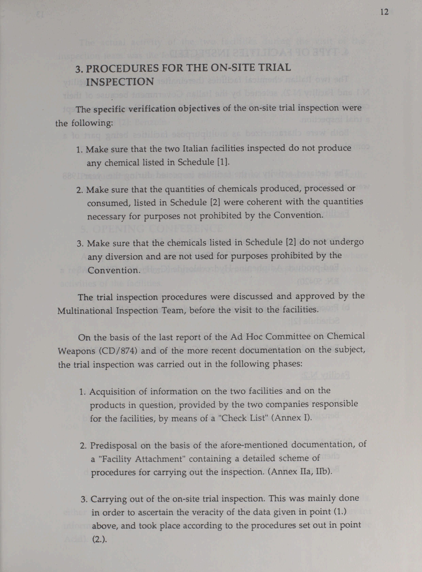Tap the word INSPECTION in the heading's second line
pyautogui.click(x=120, y=82)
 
